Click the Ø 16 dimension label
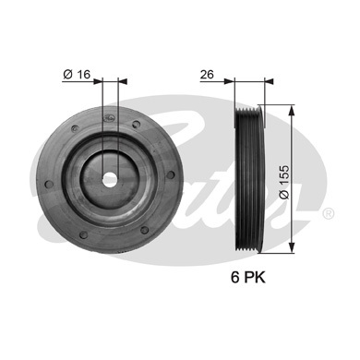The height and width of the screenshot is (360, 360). pyautogui.click(x=77, y=75)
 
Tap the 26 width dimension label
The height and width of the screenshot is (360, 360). pyautogui.click(x=207, y=75)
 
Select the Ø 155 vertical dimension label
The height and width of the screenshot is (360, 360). pyautogui.click(x=284, y=182)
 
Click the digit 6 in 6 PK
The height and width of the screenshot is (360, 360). pyautogui.click(x=235, y=277)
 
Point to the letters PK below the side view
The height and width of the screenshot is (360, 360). pyautogui.click(x=255, y=277)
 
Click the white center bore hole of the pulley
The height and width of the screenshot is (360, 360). pyautogui.click(x=110, y=179)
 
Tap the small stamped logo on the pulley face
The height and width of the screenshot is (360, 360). pyautogui.click(x=109, y=118)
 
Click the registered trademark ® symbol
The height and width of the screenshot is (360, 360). pyautogui.click(x=328, y=213)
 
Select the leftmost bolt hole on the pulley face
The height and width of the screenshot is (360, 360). pyautogui.click(x=49, y=184)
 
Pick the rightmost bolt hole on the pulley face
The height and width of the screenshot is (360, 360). pyautogui.click(x=170, y=174)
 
